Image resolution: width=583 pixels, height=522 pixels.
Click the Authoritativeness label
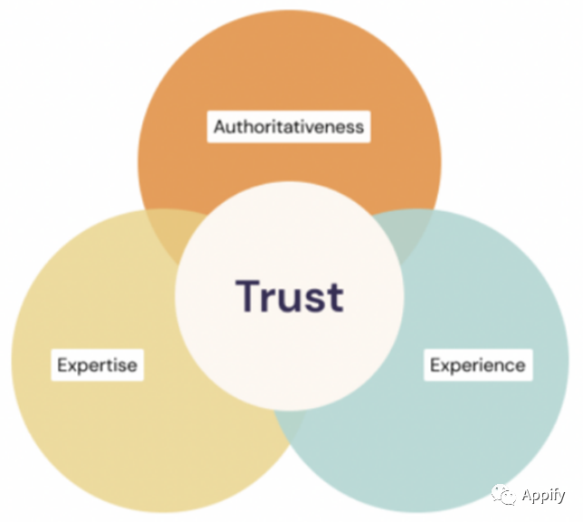tap(289, 127)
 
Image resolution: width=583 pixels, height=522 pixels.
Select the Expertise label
tap(97, 365)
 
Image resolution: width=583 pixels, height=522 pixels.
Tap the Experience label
tap(478, 365)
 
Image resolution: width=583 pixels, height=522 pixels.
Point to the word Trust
tap(290, 296)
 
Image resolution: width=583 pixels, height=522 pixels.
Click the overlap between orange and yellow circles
tap(175, 231)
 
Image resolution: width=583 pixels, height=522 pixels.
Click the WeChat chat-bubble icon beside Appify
tap(504, 495)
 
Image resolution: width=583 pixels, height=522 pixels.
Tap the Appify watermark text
tap(543, 496)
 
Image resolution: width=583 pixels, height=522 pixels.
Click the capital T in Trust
tap(248, 295)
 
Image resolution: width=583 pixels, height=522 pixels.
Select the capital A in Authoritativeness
tap(220, 127)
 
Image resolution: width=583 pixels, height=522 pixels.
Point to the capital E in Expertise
tap(62, 364)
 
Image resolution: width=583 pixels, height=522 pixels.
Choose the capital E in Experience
tap(435, 364)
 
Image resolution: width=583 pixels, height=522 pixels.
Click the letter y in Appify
tap(560, 498)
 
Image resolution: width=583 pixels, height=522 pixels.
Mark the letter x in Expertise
tap(72, 366)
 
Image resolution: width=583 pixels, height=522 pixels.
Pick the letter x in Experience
tap(445, 366)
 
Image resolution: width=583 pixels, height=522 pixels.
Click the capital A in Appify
tap(527, 495)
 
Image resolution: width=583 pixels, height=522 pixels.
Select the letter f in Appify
tap(552, 495)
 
